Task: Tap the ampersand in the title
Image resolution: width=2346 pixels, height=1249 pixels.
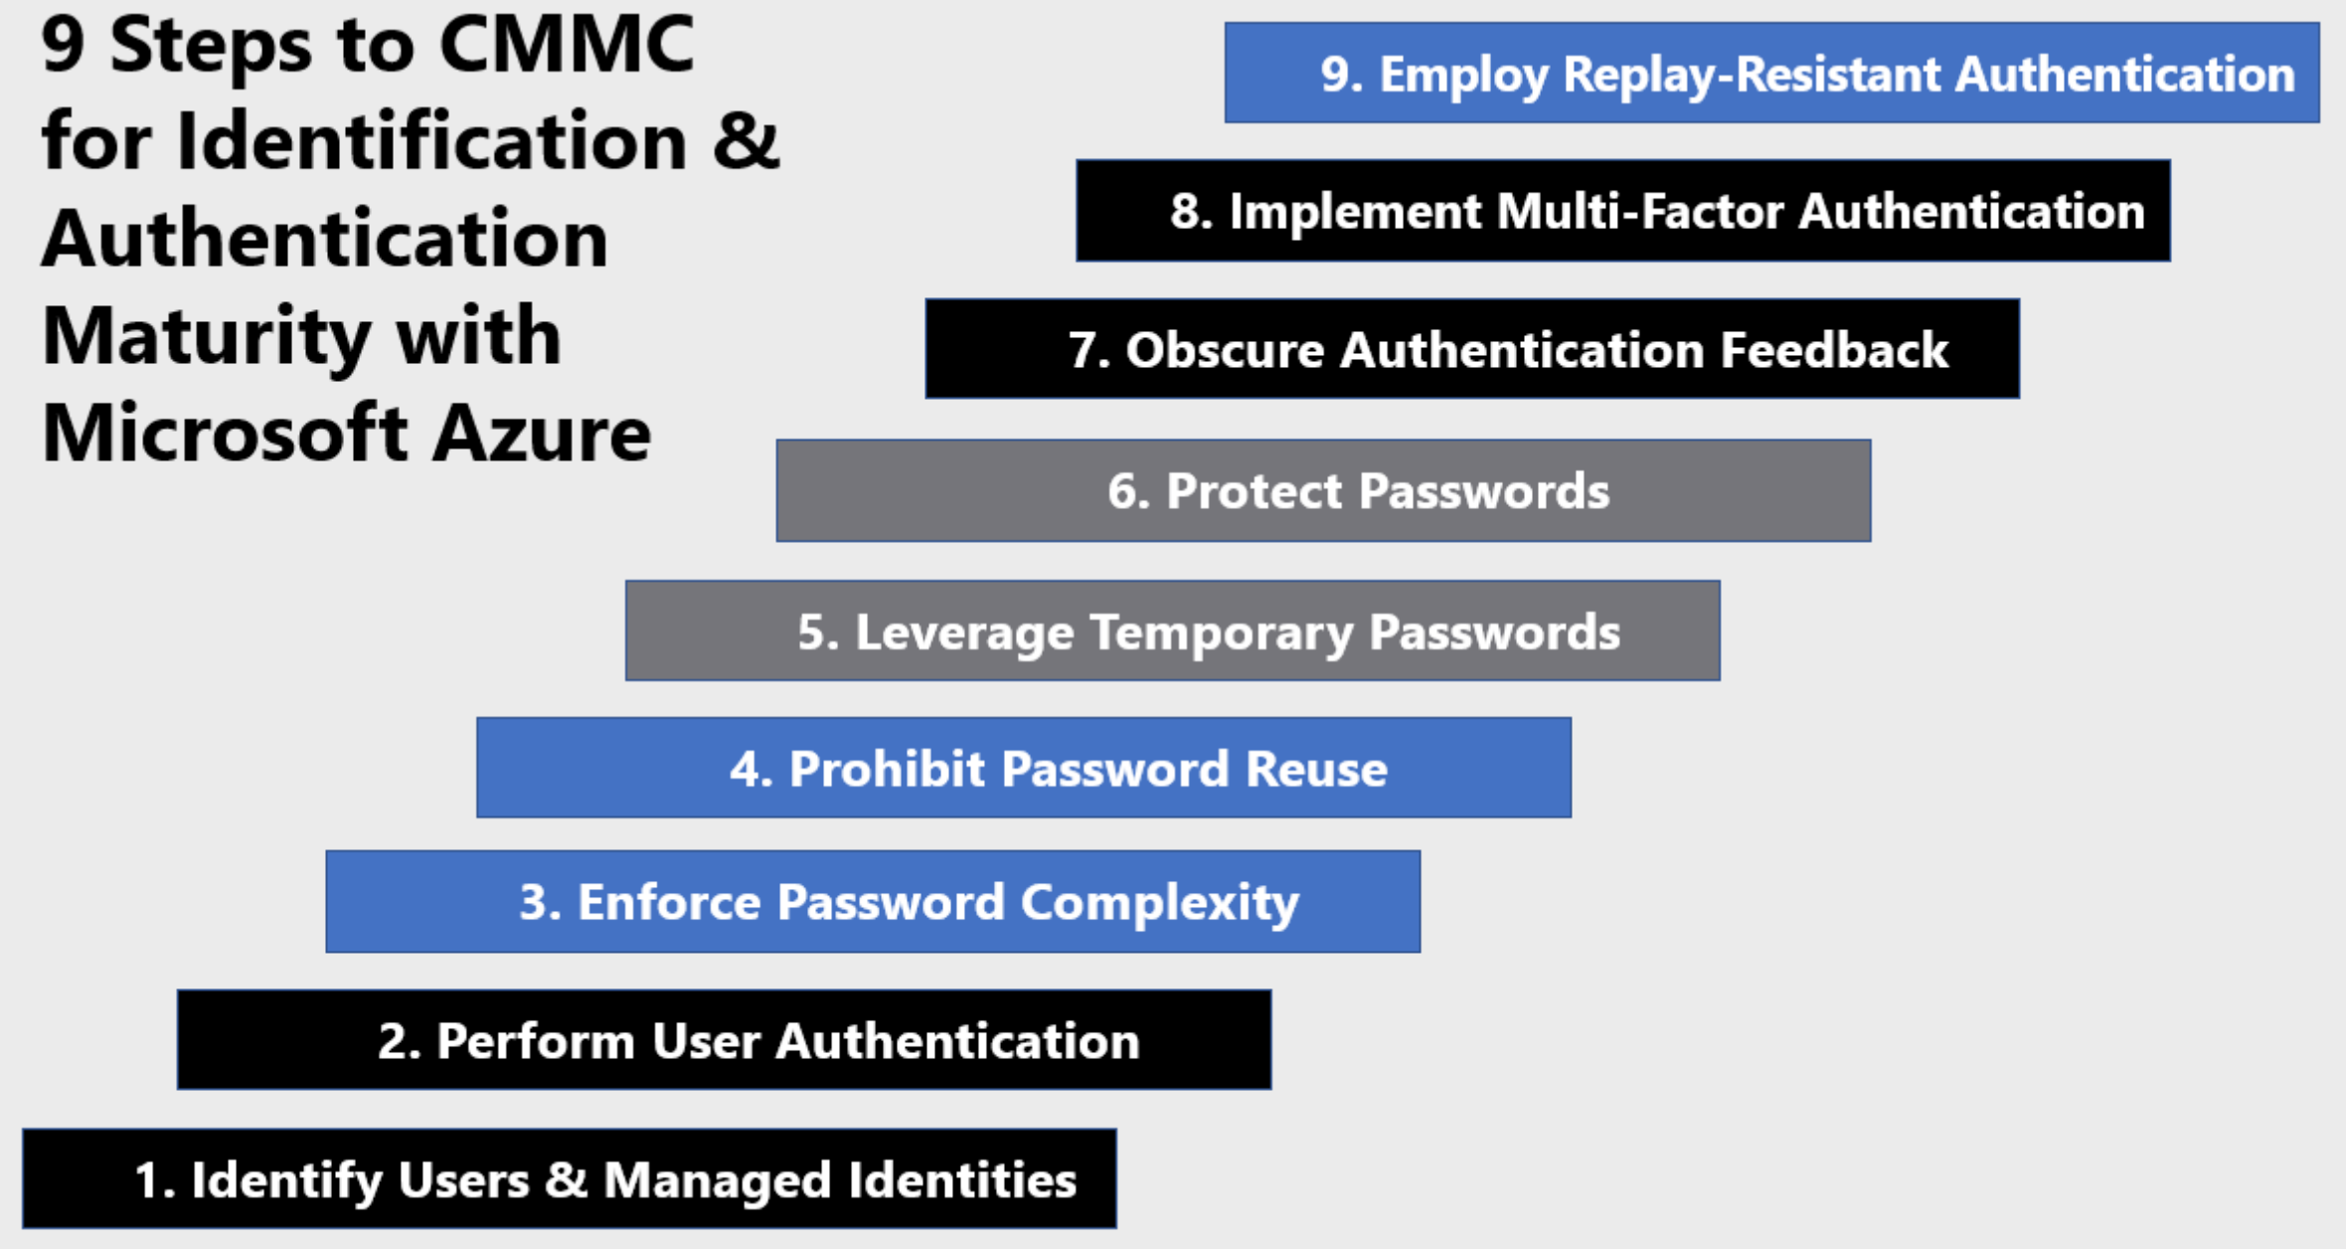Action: pyautogui.click(x=746, y=141)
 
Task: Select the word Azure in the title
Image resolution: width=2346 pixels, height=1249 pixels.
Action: pyautogui.click(x=542, y=435)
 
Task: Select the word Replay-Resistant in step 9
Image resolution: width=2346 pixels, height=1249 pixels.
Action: pyautogui.click(x=1752, y=76)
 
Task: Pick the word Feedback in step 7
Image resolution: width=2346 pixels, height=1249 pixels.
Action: pyautogui.click(x=1834, y=350)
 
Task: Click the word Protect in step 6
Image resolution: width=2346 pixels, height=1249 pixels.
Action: pyautogui.click(x=1255, y=491)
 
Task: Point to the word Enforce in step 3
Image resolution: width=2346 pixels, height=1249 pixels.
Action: pyautogui.click(x=670, y=903)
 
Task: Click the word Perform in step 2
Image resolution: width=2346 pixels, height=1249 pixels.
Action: pyautogui.click(x=536, y=1042)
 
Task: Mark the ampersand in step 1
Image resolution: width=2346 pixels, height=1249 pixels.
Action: pyautogui.click(x=567, y=1180)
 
